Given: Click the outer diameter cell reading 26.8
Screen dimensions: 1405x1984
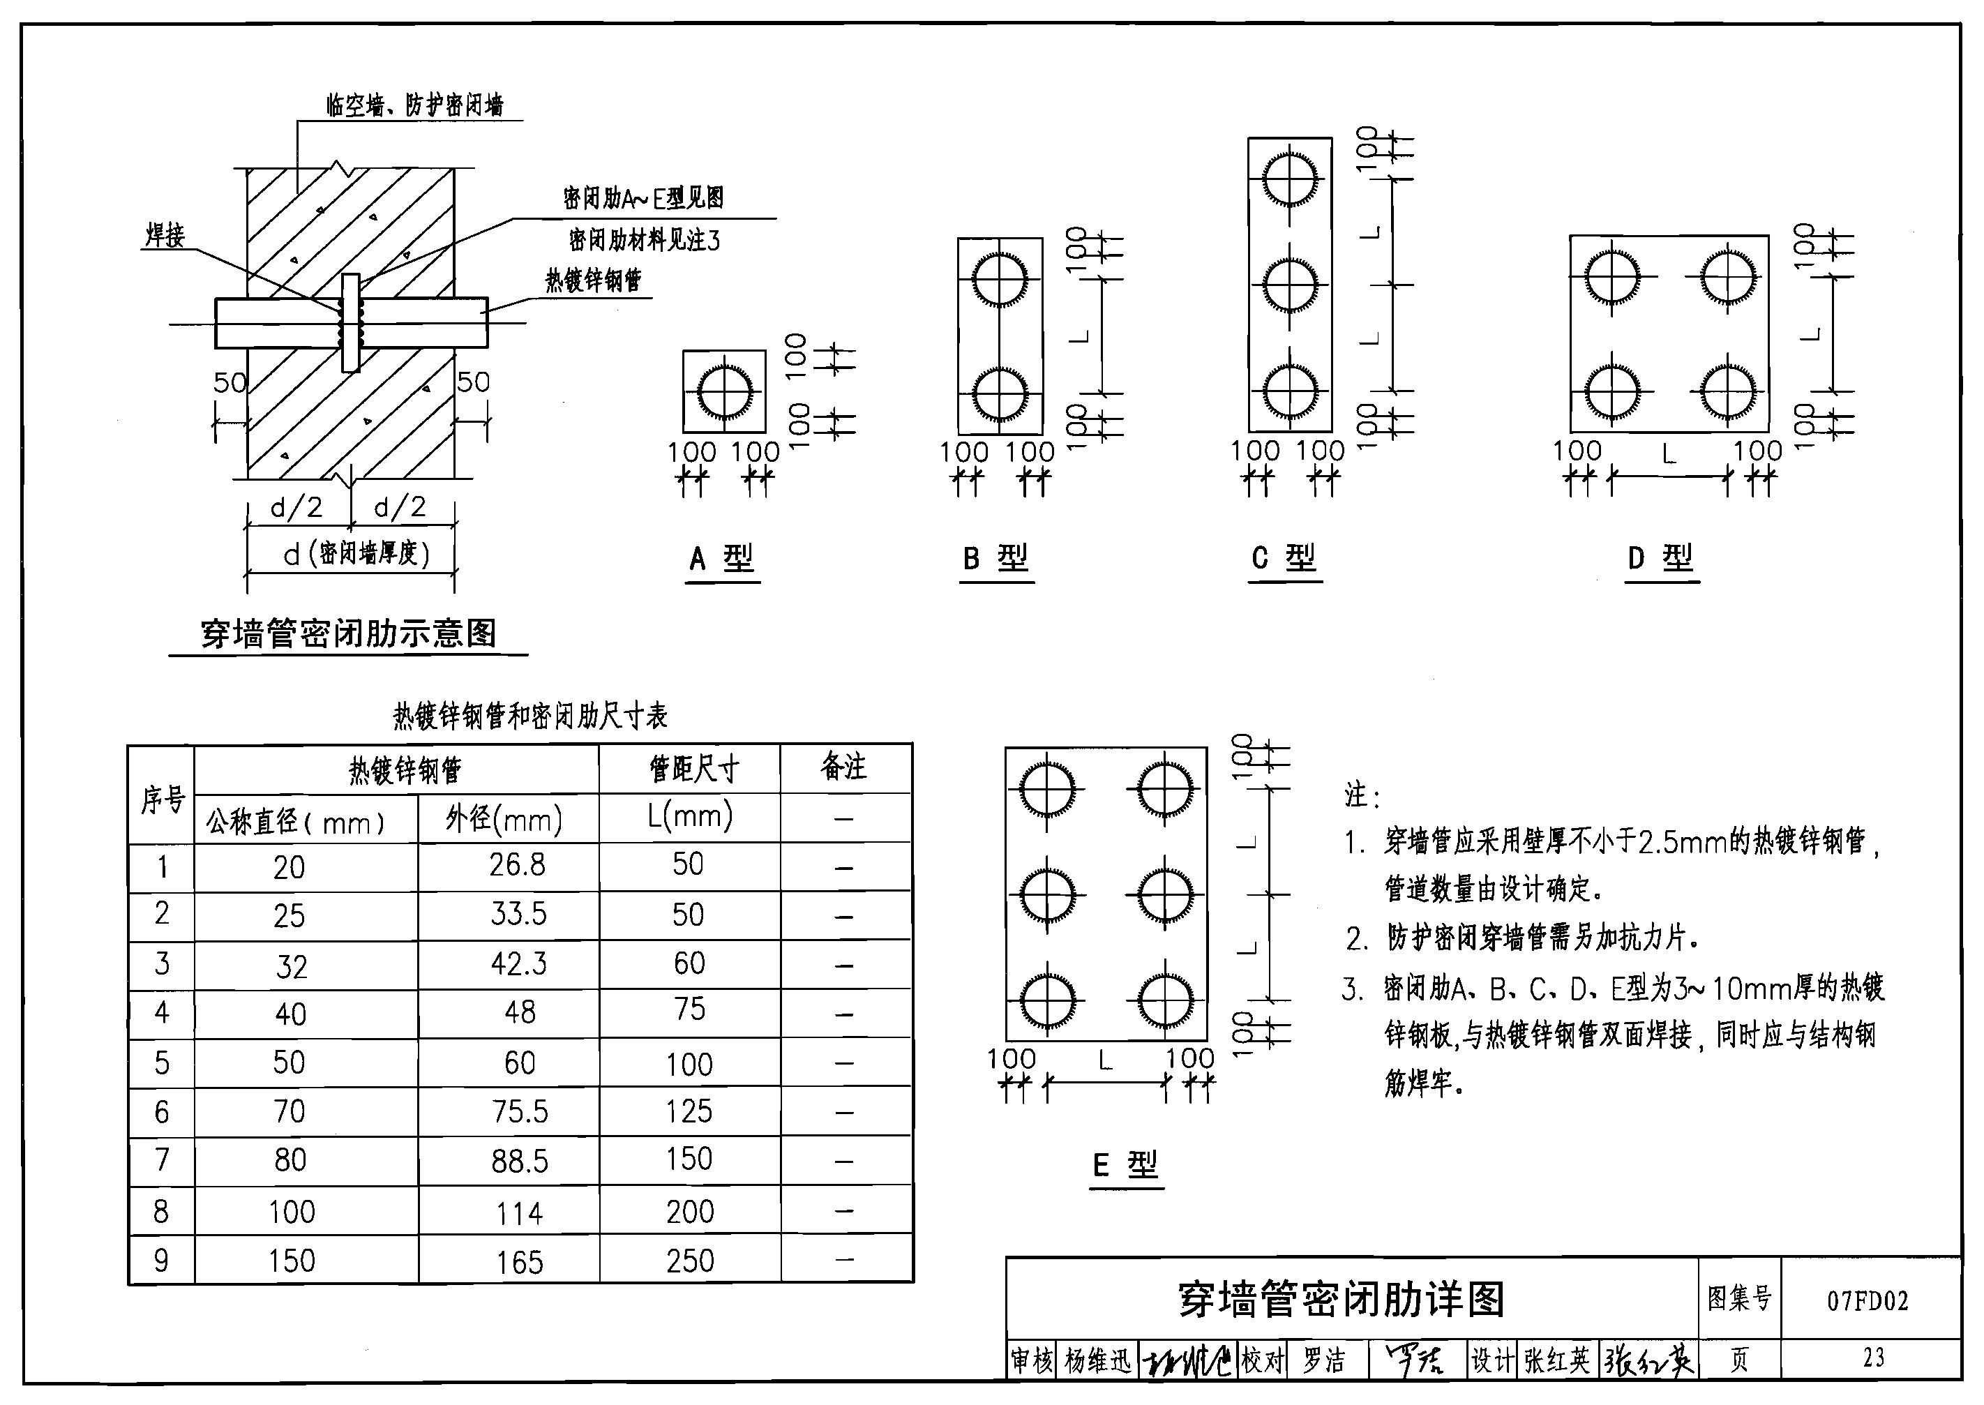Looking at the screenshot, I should (x=518, y=864).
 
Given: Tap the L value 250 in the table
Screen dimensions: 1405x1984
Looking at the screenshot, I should (x=690, y=1261).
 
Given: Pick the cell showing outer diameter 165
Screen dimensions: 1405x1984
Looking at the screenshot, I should (x=519, y=1262).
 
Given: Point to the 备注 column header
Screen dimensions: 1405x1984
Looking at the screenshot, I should (x=843, y=767).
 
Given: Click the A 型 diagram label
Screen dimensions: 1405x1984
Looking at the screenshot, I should (x=721, y=558).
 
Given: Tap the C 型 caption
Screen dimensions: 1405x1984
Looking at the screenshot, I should (x=1284, y=558).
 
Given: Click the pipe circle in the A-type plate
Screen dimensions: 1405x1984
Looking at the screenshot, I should (x=724, y=392).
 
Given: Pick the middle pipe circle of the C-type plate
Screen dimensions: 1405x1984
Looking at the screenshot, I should (x=1289, y=285).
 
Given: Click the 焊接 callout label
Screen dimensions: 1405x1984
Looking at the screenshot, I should (x=165, y=235).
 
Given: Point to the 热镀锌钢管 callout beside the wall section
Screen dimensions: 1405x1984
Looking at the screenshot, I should (x=593, y=280).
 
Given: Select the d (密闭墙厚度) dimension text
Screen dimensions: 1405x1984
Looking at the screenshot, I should (x=356, y=554).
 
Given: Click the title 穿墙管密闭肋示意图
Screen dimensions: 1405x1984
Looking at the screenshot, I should (x=349, y=633).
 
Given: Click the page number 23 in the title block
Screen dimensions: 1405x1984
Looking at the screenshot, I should (x=1873, y=1358).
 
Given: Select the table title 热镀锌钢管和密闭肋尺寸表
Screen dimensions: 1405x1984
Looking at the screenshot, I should (x=530, y=716).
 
